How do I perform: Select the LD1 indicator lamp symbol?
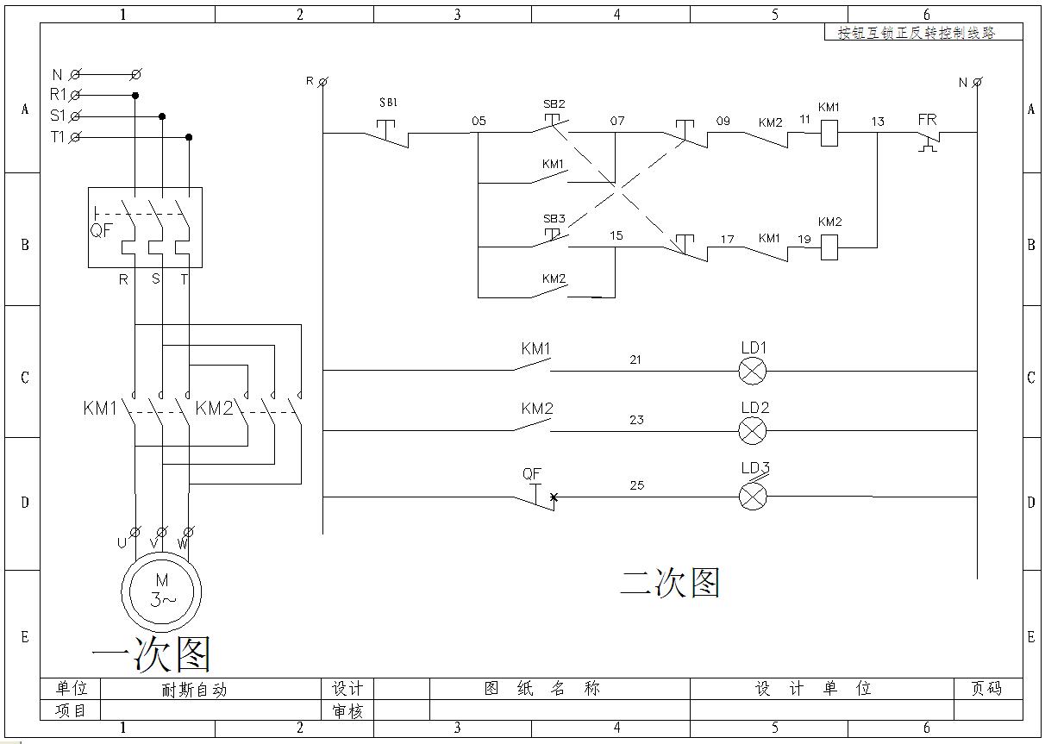tap(753, 371)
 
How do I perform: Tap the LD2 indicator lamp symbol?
tap(753, 429)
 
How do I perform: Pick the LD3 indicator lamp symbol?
tap(753, 496)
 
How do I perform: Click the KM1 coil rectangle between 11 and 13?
tap(829, 133)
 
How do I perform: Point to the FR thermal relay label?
tap(927, 120)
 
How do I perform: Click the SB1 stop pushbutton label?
tap(388, 103)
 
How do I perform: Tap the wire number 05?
tap(479, 121)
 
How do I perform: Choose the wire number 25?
tap(636, 485)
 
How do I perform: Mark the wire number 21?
tap(635, 359)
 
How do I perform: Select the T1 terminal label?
tap(57, 137)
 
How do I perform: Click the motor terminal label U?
tap(122, 543)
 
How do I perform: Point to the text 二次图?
tap(669, 584)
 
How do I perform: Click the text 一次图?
tap(151, 654)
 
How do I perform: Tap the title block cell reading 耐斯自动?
tap(194, 690)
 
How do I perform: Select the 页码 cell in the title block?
tap(986, 689)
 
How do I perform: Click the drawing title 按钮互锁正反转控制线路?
tap(917, 33)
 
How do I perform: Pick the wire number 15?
tap(616, 235)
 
